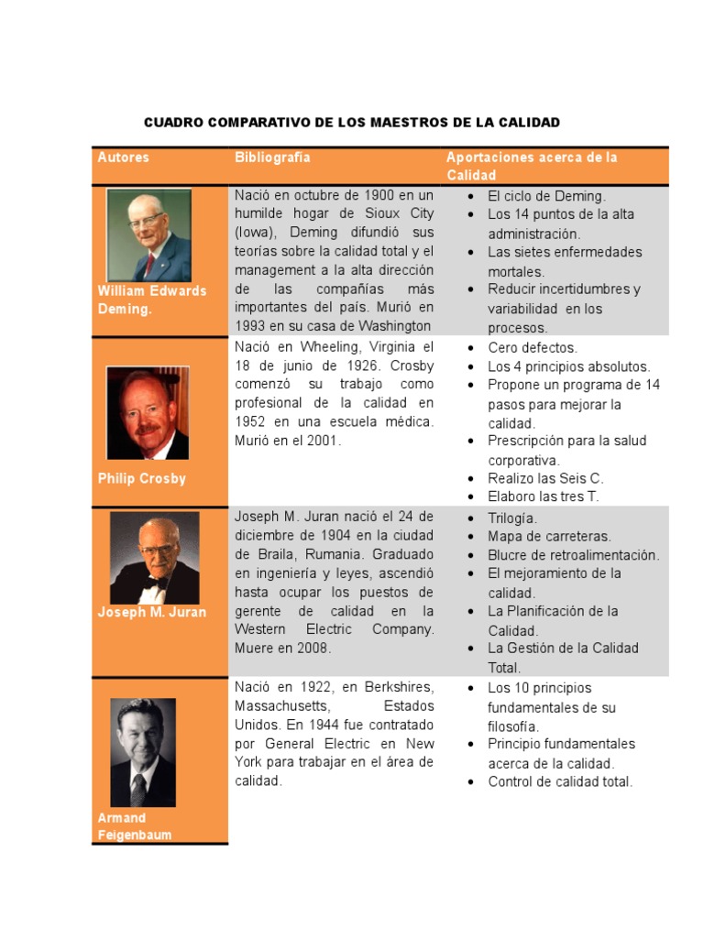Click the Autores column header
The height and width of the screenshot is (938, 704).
tap(123, 158)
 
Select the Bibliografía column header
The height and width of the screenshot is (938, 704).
tap(272, 158)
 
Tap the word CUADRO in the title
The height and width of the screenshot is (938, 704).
tap(174, 122)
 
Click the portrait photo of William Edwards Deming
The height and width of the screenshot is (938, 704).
tap(148, 235)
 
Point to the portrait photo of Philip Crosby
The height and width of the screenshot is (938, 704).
tap(148, 412)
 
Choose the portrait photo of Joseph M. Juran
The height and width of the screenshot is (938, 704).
tap(154, 557)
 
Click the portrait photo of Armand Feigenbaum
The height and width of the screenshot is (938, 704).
tap(143, 752)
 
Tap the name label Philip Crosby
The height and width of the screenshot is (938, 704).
tap(141, 478)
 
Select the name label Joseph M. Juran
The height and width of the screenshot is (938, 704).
tap(151, 612)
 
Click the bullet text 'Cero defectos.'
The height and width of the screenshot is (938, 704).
tap(533, 348)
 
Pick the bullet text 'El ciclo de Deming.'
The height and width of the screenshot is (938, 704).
tap(546, 196)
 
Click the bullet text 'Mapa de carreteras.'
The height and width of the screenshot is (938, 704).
tap(548, 537)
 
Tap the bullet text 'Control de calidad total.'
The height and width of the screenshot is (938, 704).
tap(560, 781)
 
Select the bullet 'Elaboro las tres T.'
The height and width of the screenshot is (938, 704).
tap(544, 496)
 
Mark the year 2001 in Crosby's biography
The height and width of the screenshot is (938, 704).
tap(323, 441)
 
